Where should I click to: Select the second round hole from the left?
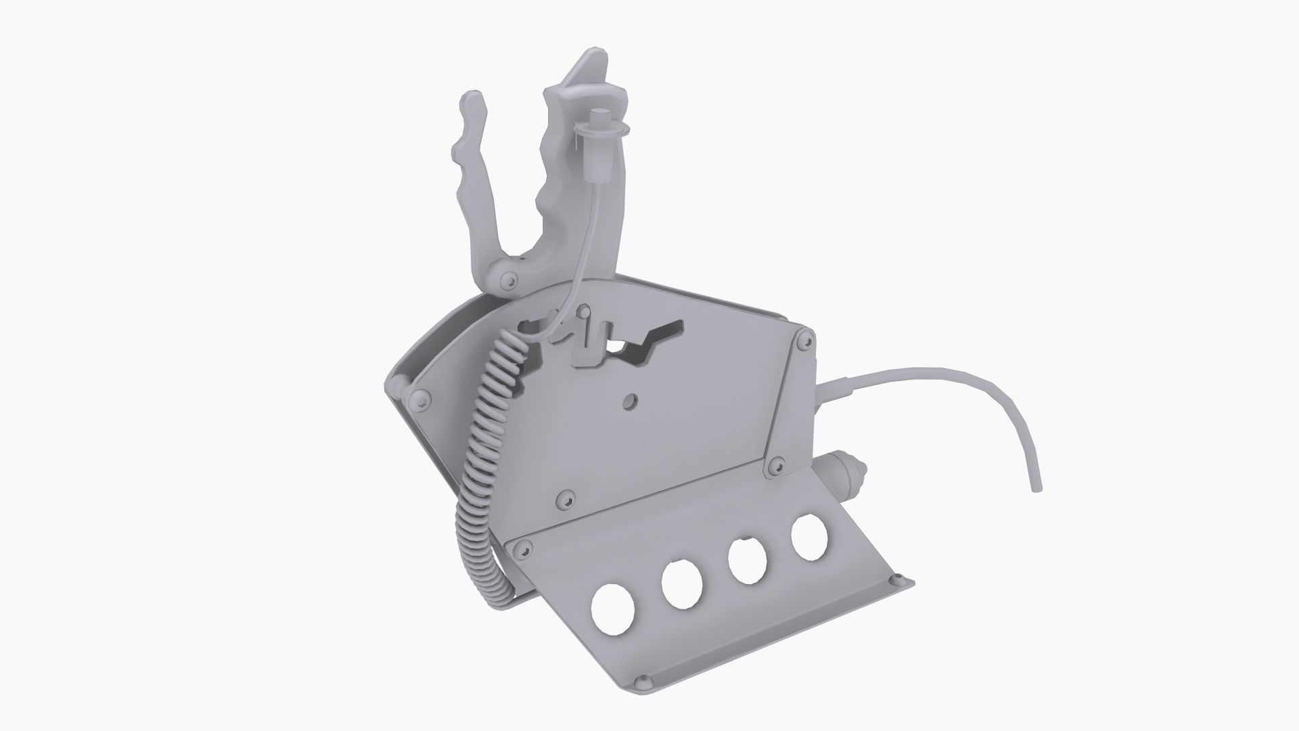click(682, 583)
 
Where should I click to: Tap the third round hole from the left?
click(747, 560)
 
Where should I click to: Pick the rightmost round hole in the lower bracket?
click(809, 537)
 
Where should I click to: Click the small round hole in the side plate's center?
click(631, 401)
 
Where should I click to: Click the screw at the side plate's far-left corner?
click(422, 403)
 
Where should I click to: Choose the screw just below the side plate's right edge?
click(775, 466)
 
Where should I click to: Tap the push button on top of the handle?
click(599, 118)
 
